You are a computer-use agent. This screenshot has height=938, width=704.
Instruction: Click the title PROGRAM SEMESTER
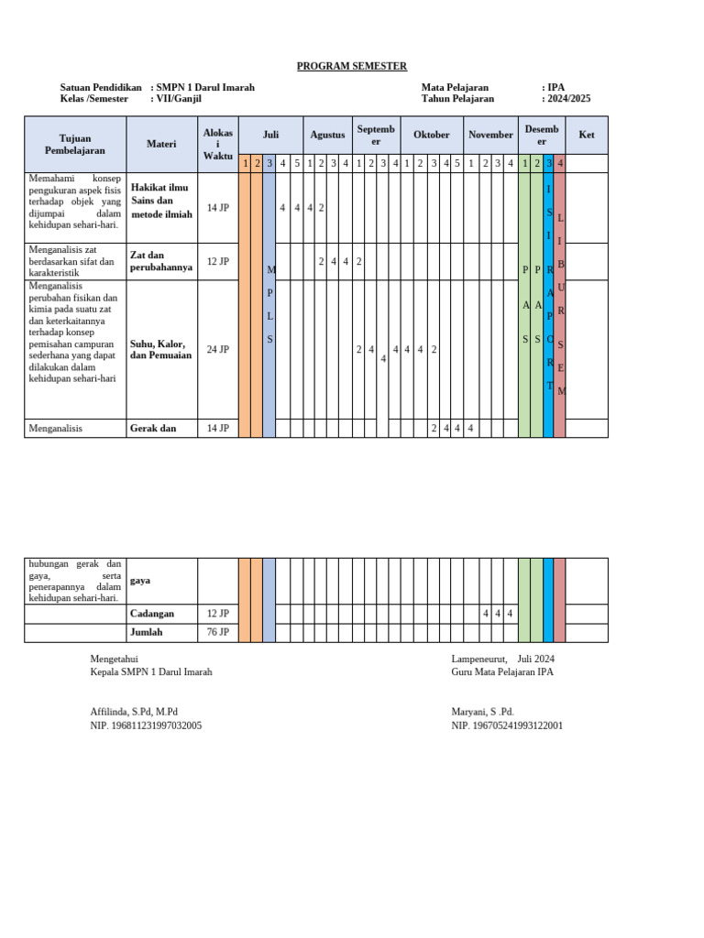click(352, 66)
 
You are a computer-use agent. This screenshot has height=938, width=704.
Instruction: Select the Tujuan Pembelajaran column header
click(75, 144)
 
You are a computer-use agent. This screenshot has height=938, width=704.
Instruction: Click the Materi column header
click(161, 144)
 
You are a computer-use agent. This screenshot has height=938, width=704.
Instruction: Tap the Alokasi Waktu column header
click(218, 144)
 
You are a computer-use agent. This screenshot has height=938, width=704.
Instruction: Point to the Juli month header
click(270, 135)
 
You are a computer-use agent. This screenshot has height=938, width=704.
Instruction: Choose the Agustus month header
click(327, 135)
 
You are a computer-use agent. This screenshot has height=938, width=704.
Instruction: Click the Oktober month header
click(432, 135)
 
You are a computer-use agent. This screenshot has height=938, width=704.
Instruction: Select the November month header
click(490, 135)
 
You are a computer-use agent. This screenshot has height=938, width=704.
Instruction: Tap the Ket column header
click(587, 135)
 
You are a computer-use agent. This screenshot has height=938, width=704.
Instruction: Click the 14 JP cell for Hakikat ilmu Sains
click(218, 208)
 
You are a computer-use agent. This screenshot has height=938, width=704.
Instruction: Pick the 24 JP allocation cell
click(218, 349)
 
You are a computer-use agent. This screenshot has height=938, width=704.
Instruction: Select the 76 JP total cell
click(218, 632)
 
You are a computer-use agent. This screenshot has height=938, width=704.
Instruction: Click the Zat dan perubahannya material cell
click(161, 261)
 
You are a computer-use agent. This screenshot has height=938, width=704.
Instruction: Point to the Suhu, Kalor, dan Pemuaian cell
click(161, 349)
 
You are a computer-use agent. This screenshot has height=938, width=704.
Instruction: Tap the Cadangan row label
click(152, 613)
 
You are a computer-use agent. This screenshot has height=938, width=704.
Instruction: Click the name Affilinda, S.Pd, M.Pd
click(134, 712)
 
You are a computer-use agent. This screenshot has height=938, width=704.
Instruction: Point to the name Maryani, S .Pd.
click(482, 712)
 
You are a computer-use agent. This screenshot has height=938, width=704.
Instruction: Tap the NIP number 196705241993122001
click(507, 725)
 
